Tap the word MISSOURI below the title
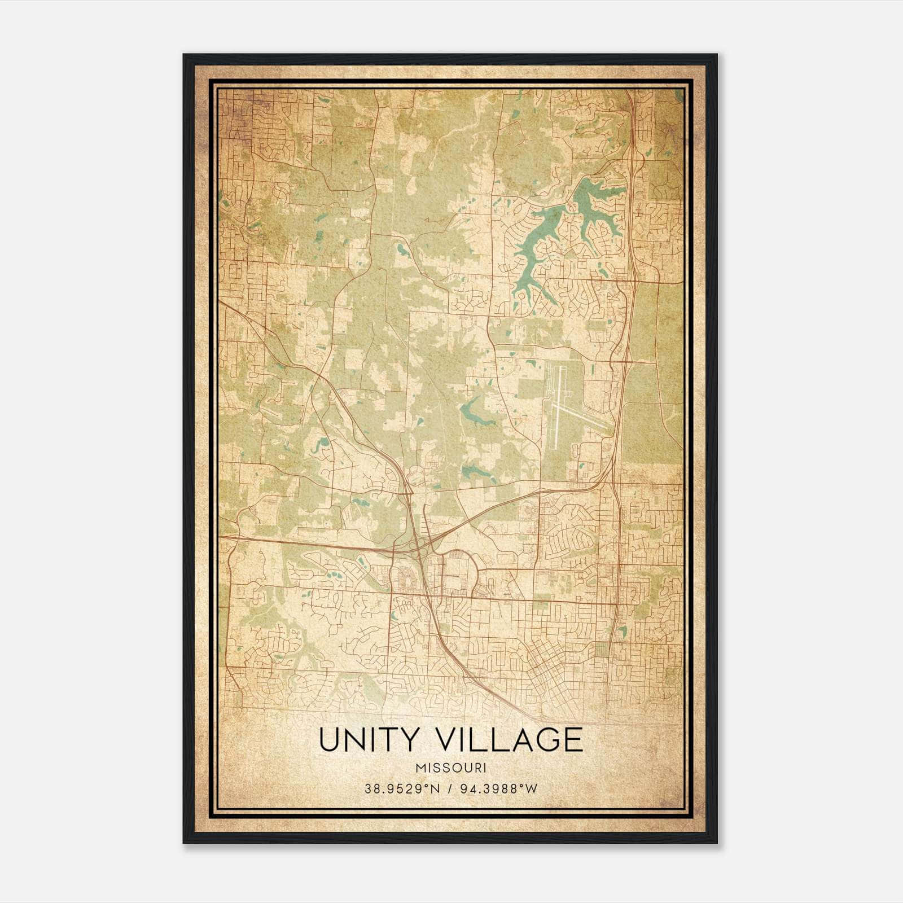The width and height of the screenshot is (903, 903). (x=451, y=768)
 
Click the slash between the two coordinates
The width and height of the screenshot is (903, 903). (x=450, y=788)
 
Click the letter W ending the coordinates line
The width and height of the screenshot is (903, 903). (x=532, y=788)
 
